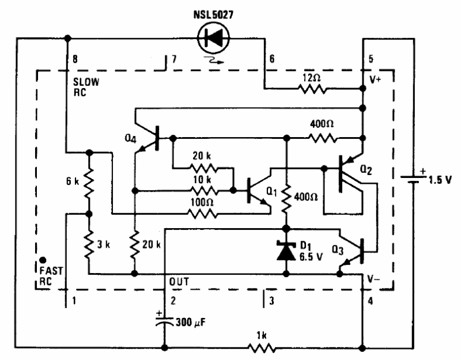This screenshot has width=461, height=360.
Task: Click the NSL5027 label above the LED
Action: [x=213, y=15]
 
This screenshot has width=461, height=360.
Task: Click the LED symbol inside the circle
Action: [x=213, y=38]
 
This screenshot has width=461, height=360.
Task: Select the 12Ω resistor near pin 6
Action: [x=312, y=89]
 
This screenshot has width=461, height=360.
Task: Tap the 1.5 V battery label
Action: [x=440, y=180]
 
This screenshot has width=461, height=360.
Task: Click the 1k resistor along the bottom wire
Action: [x=262, y=348]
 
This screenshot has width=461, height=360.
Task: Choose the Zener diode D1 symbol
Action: [x=286, y=251]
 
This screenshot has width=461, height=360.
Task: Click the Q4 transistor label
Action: [x=131, y=138]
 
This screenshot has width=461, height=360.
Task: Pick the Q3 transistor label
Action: [x=338, y=251]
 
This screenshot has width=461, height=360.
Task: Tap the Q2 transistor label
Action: [x=366, y=169]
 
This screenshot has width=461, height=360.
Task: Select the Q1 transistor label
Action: [x=271, y=192]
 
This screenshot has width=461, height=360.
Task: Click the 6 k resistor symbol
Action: [x=89, y=183]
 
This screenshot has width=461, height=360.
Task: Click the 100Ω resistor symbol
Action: [x=203, y=214]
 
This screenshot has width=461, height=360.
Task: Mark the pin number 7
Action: [x=174, y=59]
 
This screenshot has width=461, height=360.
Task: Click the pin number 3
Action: [x=271, y=301]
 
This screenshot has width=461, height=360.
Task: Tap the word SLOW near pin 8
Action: [x=86, y=82]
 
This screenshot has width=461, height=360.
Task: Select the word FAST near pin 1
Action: [x=51, y=271]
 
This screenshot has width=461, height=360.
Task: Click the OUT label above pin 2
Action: [x=179, y=282]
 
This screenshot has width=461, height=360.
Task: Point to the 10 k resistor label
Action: [x=202, y=179]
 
